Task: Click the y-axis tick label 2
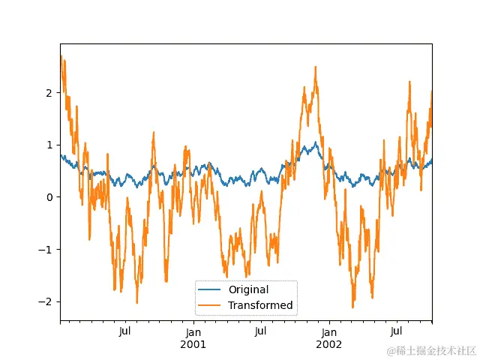[x=49, y=92]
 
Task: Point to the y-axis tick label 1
[x=49, y=145]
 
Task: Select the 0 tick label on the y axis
[x=49, y=197]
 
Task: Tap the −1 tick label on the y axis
[x=46, y=249]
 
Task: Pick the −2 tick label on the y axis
[x=46, y=301]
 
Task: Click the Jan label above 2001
[x=193, y=332]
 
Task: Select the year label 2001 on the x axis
[x=193, y=344]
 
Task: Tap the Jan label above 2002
[x=328, y=332]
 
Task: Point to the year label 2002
[x=328, y=344]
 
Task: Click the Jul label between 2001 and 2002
[x=260, y=332]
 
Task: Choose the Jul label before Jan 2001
[x=125, y=332]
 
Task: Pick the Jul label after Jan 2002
[x=396, y=332]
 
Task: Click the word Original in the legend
[x=248, y=289]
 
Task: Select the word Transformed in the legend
[x=260, y=305]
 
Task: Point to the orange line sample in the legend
[x=210, y=305]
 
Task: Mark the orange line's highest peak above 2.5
[x=61, y=56]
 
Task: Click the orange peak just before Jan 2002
[x=315, y=67]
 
